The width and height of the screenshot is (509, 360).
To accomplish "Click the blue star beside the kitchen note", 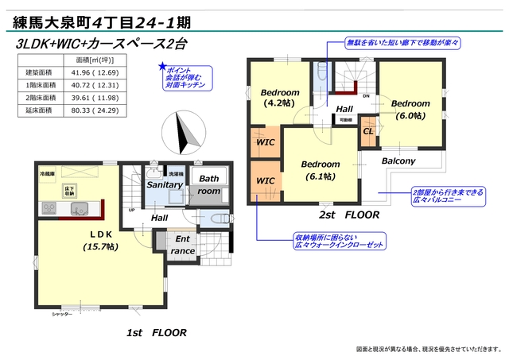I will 162,67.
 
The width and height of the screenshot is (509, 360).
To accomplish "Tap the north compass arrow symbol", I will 182,131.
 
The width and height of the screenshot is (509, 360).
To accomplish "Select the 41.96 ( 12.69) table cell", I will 95,73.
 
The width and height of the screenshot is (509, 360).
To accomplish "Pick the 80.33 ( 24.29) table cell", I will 95,111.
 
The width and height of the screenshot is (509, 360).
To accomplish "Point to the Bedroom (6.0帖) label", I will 410,109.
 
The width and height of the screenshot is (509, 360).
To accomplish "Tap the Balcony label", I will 398,161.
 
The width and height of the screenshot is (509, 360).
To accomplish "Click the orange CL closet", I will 368,131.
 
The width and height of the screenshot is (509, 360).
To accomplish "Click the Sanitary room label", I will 165,185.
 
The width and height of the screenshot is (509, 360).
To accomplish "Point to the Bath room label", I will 209,184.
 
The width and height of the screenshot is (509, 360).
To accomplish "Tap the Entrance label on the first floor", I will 182,245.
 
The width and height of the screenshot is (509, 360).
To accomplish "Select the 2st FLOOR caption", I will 350,215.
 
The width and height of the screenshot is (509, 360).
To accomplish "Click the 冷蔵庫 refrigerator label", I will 48,172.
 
